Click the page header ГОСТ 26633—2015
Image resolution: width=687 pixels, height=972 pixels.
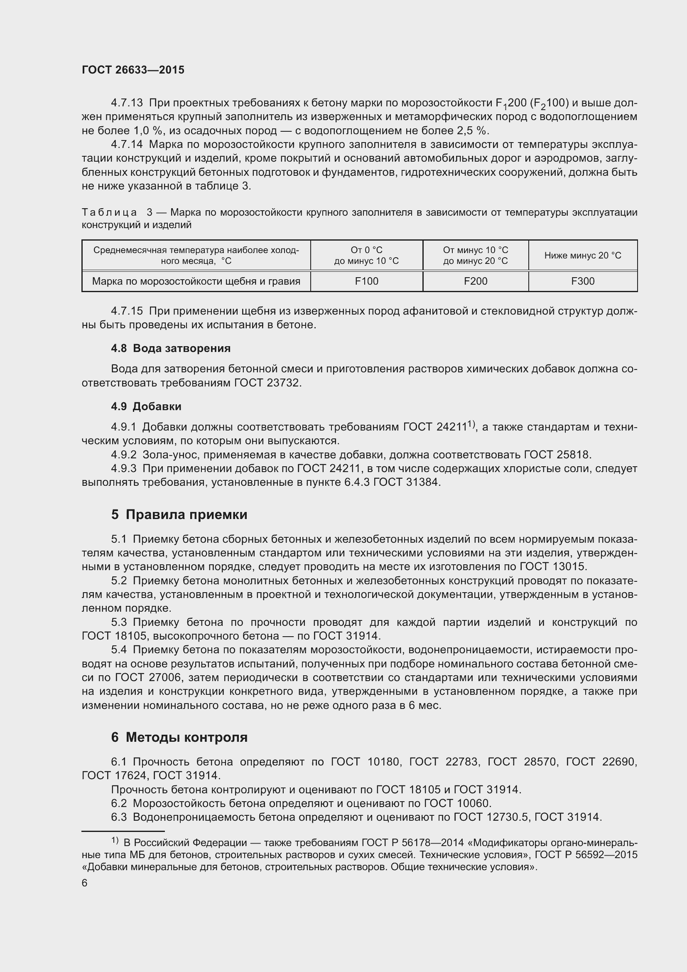click(x=133, y=70)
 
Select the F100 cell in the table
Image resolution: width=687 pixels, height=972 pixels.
click(x=366, y=281)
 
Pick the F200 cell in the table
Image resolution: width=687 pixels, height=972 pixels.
click(x=476, y=281)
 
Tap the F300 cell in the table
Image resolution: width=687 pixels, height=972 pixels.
click(x=582, y=281)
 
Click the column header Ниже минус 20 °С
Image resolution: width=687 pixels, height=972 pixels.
click(x=582, y=255)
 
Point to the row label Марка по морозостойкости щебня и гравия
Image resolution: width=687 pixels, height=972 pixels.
click(x=196, y=281)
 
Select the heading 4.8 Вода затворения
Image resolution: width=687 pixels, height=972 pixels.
click(x=170, y=348)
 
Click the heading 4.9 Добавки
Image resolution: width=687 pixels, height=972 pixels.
click(x=146, y=406)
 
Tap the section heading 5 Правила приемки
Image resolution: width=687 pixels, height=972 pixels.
click(x=179, y=515)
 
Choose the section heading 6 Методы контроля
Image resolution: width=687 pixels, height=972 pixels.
click(x=179, y=737)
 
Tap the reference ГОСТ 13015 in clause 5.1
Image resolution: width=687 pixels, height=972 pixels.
click(x=552, y=566)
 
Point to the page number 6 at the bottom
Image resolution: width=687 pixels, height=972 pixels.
click(x=85, y=883)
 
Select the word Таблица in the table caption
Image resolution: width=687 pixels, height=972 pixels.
click(x=109, y=212)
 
